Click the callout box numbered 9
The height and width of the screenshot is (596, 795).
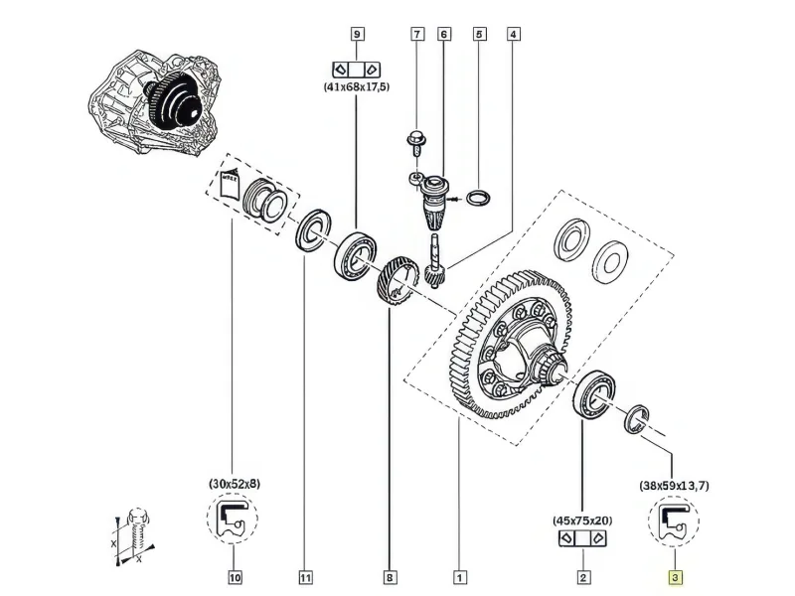[x=358, y=34]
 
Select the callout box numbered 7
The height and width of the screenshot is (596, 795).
[x=417, y=34]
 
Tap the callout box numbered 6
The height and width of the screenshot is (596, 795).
[x=444, y=34]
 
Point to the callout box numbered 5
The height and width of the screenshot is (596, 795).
[x=479, y=34]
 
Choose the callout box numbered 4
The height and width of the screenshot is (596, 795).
[x=514, y=34]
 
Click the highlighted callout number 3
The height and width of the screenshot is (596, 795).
[x=676, y=577]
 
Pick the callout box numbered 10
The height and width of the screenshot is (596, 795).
[x=235, y=577]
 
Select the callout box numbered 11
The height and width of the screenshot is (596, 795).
[x=305, y=577]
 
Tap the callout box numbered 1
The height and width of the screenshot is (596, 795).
[x=459, y=577]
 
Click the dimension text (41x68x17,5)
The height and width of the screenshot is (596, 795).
[x=357, y=86]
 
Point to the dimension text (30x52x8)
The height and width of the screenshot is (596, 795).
[x=235, y=484]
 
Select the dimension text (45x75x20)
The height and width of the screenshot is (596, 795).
[x=582, y=520]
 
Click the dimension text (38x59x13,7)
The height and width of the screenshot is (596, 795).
[x=674, y=486]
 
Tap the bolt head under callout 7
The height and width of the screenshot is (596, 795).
[x=416, y=139]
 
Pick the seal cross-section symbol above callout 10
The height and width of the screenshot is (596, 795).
[x=233, y=518]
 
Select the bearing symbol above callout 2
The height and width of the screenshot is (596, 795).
[x=582, y=537]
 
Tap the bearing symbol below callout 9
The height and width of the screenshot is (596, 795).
[x=357, y=69]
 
